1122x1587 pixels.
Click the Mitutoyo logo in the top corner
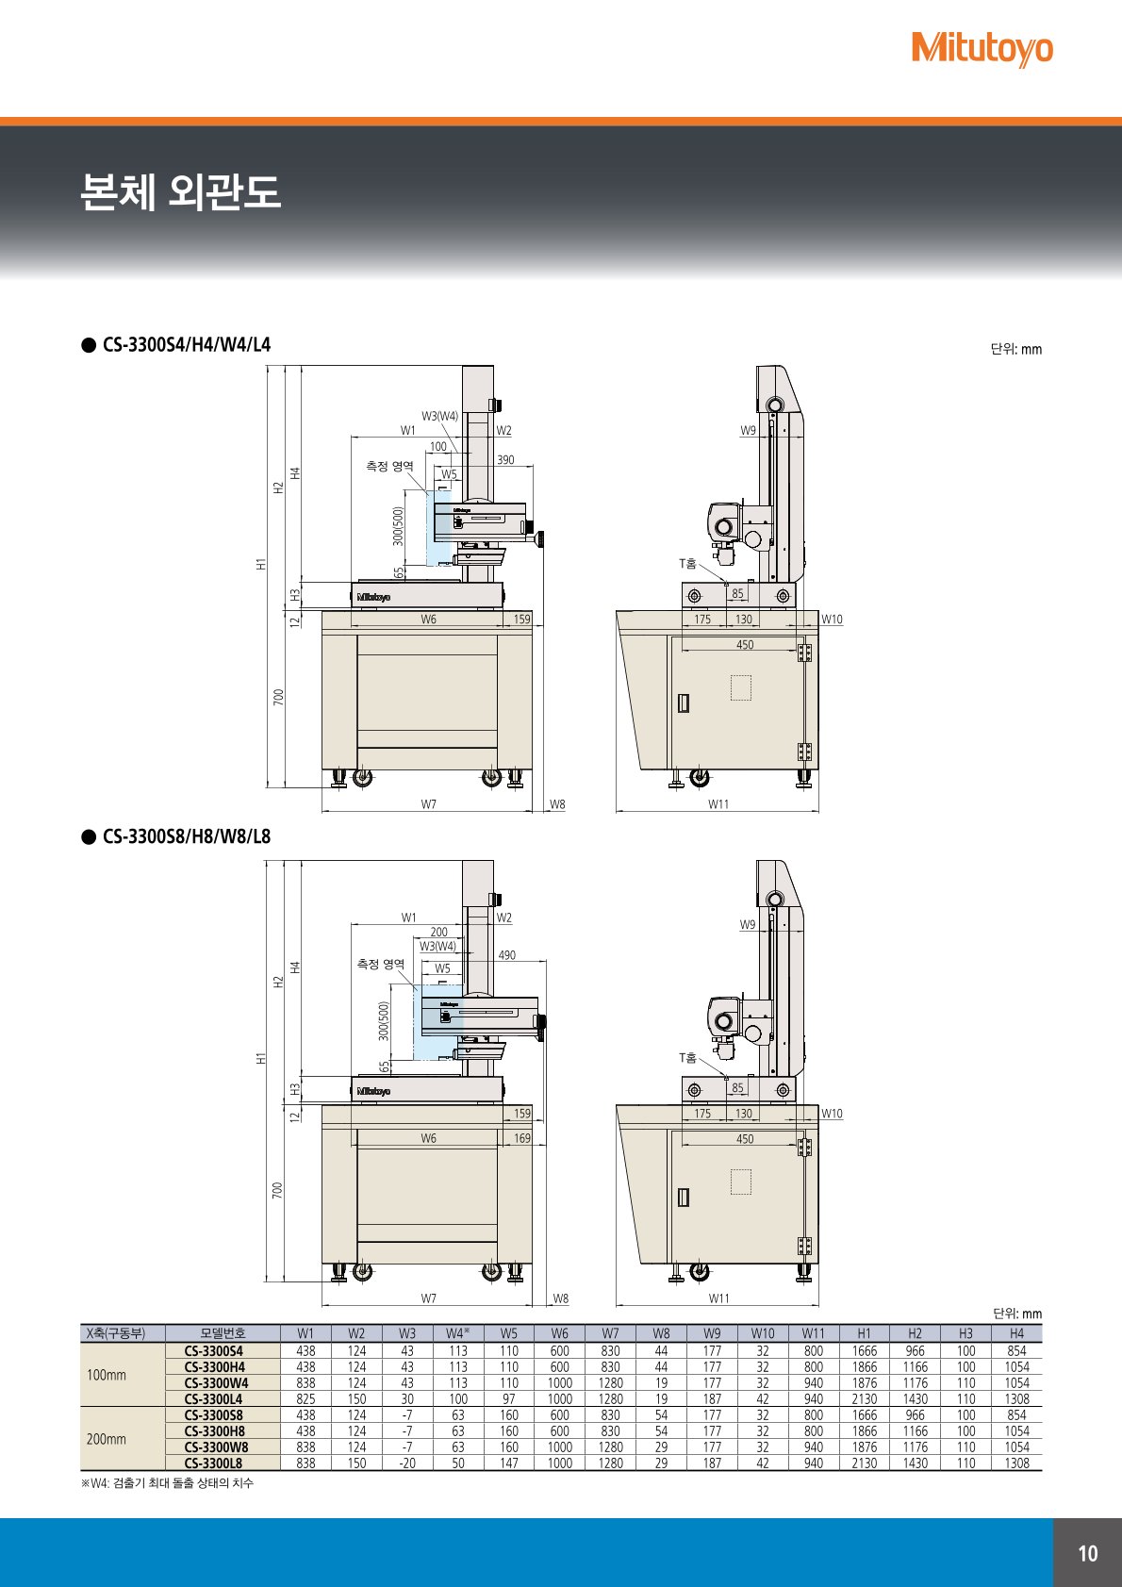point(982,50)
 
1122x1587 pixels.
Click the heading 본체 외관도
point(181,191)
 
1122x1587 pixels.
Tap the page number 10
point(1087,1553)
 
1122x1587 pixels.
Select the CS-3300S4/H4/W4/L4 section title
point(187,345)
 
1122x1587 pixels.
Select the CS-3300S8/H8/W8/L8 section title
point(187,836)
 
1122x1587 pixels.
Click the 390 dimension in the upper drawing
point(505,460)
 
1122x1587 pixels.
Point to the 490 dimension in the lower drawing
point(506,955)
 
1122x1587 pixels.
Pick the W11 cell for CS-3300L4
point(813,1398)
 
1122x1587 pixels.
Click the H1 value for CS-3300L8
point(865,1463)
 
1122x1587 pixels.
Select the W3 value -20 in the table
point(407,1463)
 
